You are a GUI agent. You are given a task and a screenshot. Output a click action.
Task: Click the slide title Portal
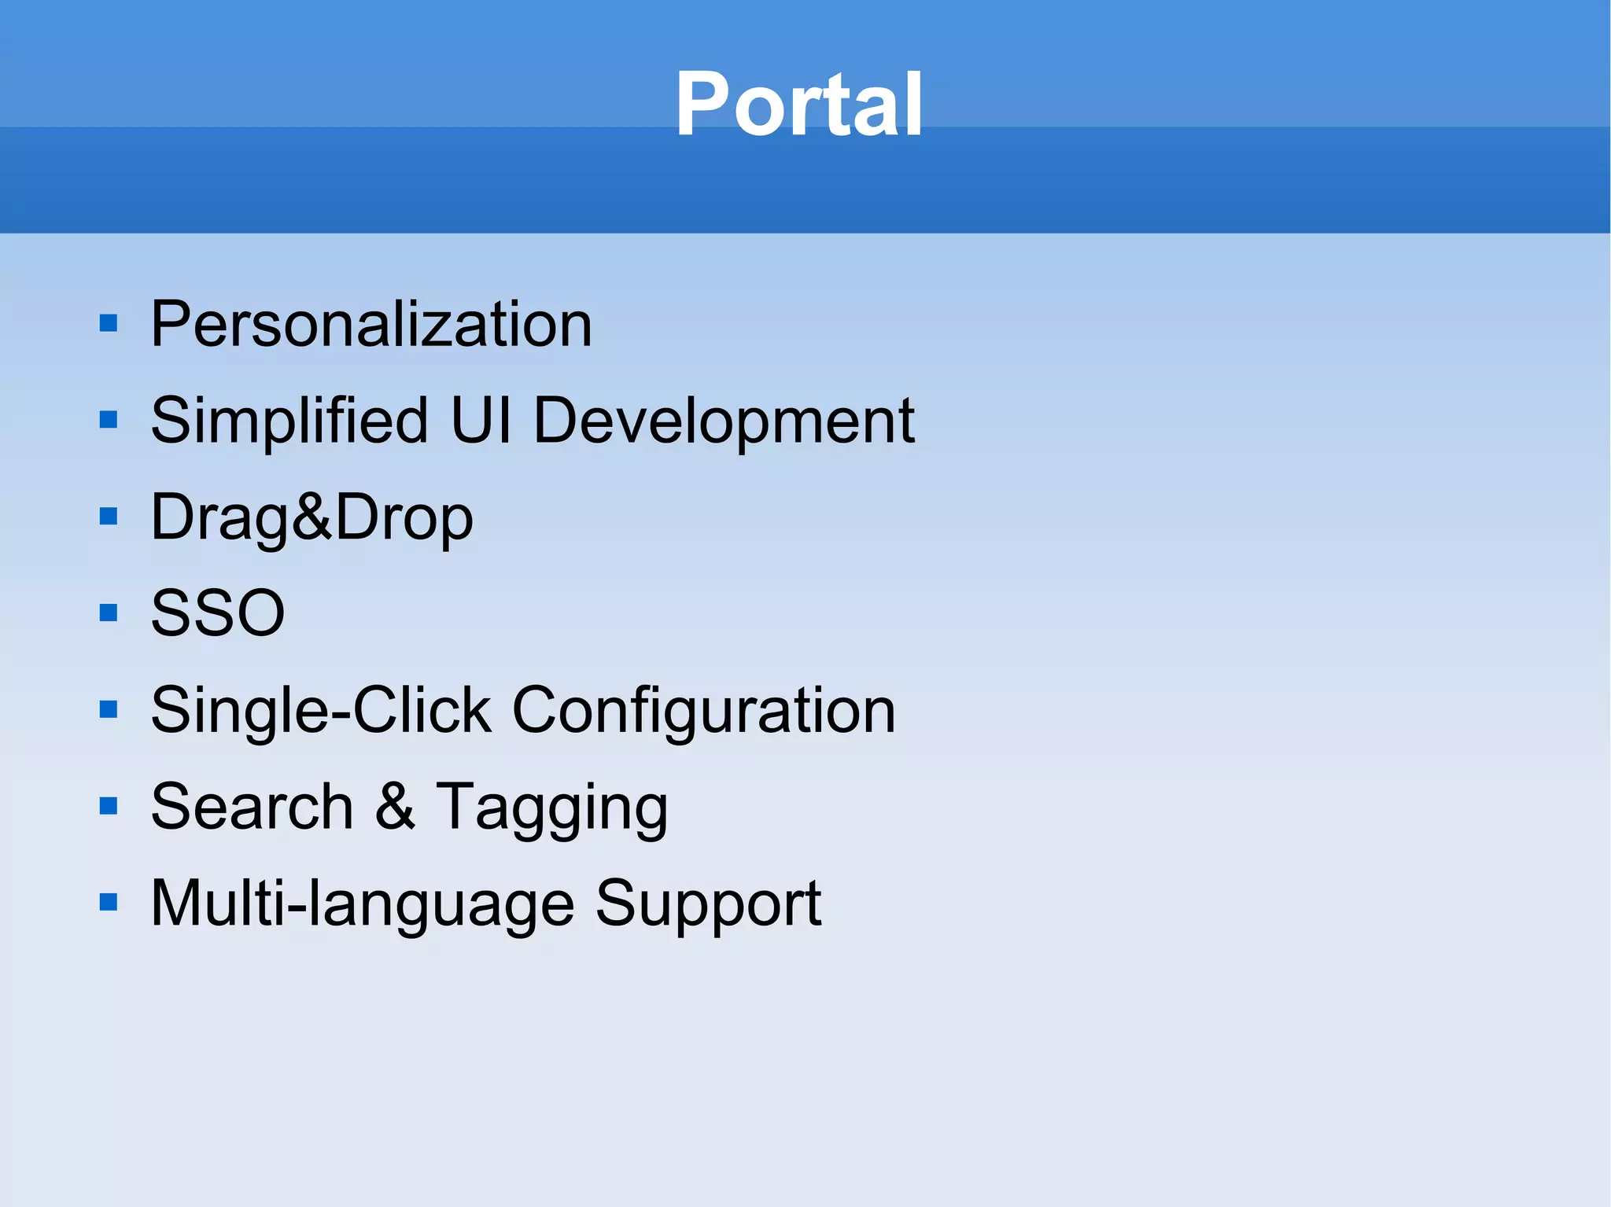pos(798,105)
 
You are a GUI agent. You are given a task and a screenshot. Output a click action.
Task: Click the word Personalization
pos(370,324)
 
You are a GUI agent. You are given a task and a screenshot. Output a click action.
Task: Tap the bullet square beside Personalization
pos(109,323)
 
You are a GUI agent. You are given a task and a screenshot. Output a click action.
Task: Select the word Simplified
pos(289,421)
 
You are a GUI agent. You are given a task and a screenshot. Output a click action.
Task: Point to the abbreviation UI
pos(481,421)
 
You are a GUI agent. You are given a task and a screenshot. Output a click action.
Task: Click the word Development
pos(724,422)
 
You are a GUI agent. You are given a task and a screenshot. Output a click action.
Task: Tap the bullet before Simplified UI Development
pos(109,420)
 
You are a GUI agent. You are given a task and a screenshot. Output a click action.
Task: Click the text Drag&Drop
pos(312,517)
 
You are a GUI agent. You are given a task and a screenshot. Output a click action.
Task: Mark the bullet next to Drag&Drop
pos(109,517)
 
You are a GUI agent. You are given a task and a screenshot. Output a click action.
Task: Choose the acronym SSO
pos(217,613)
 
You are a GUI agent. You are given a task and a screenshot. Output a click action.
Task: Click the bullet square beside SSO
pos(109,613)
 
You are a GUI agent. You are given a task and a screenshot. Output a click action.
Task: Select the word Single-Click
pos(321,711)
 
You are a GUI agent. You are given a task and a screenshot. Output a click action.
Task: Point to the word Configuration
pos(703,711)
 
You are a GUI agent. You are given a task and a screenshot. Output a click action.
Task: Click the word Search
pos(252,807)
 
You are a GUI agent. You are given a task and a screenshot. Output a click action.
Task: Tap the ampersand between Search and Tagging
pos(394,807)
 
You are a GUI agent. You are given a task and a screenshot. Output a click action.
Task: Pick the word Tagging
pos(551,808)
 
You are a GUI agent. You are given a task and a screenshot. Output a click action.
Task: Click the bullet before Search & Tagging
pos(109,806)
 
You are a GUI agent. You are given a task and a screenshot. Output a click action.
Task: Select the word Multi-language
pos(362,904)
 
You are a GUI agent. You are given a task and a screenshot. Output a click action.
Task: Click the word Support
pos(707,904)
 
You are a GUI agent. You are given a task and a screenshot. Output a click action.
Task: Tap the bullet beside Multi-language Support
pos(109,903)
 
